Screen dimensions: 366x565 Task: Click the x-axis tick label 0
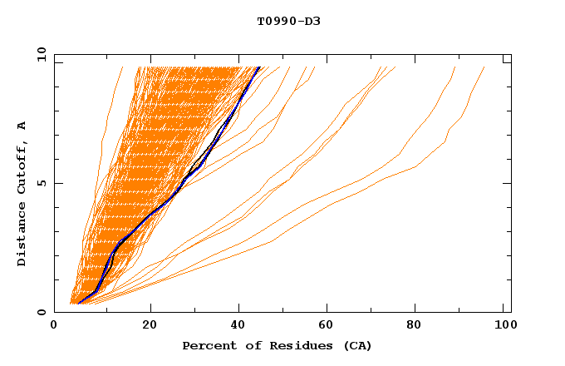point(54,326)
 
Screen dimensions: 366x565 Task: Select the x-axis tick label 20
point(150,326)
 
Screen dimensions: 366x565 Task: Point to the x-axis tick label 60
point(331,326)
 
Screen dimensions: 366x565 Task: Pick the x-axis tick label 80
point(420,326)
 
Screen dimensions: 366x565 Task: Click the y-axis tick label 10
point(41,54)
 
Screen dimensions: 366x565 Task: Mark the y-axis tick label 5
point(41,183)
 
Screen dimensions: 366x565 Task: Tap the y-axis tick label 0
point(41,312)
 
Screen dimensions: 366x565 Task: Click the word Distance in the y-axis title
point(22,235)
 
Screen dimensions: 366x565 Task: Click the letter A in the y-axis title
point(22,126)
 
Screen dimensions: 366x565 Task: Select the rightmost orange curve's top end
point(484,67)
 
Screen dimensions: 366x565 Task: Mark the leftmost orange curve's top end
point(122,67)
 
